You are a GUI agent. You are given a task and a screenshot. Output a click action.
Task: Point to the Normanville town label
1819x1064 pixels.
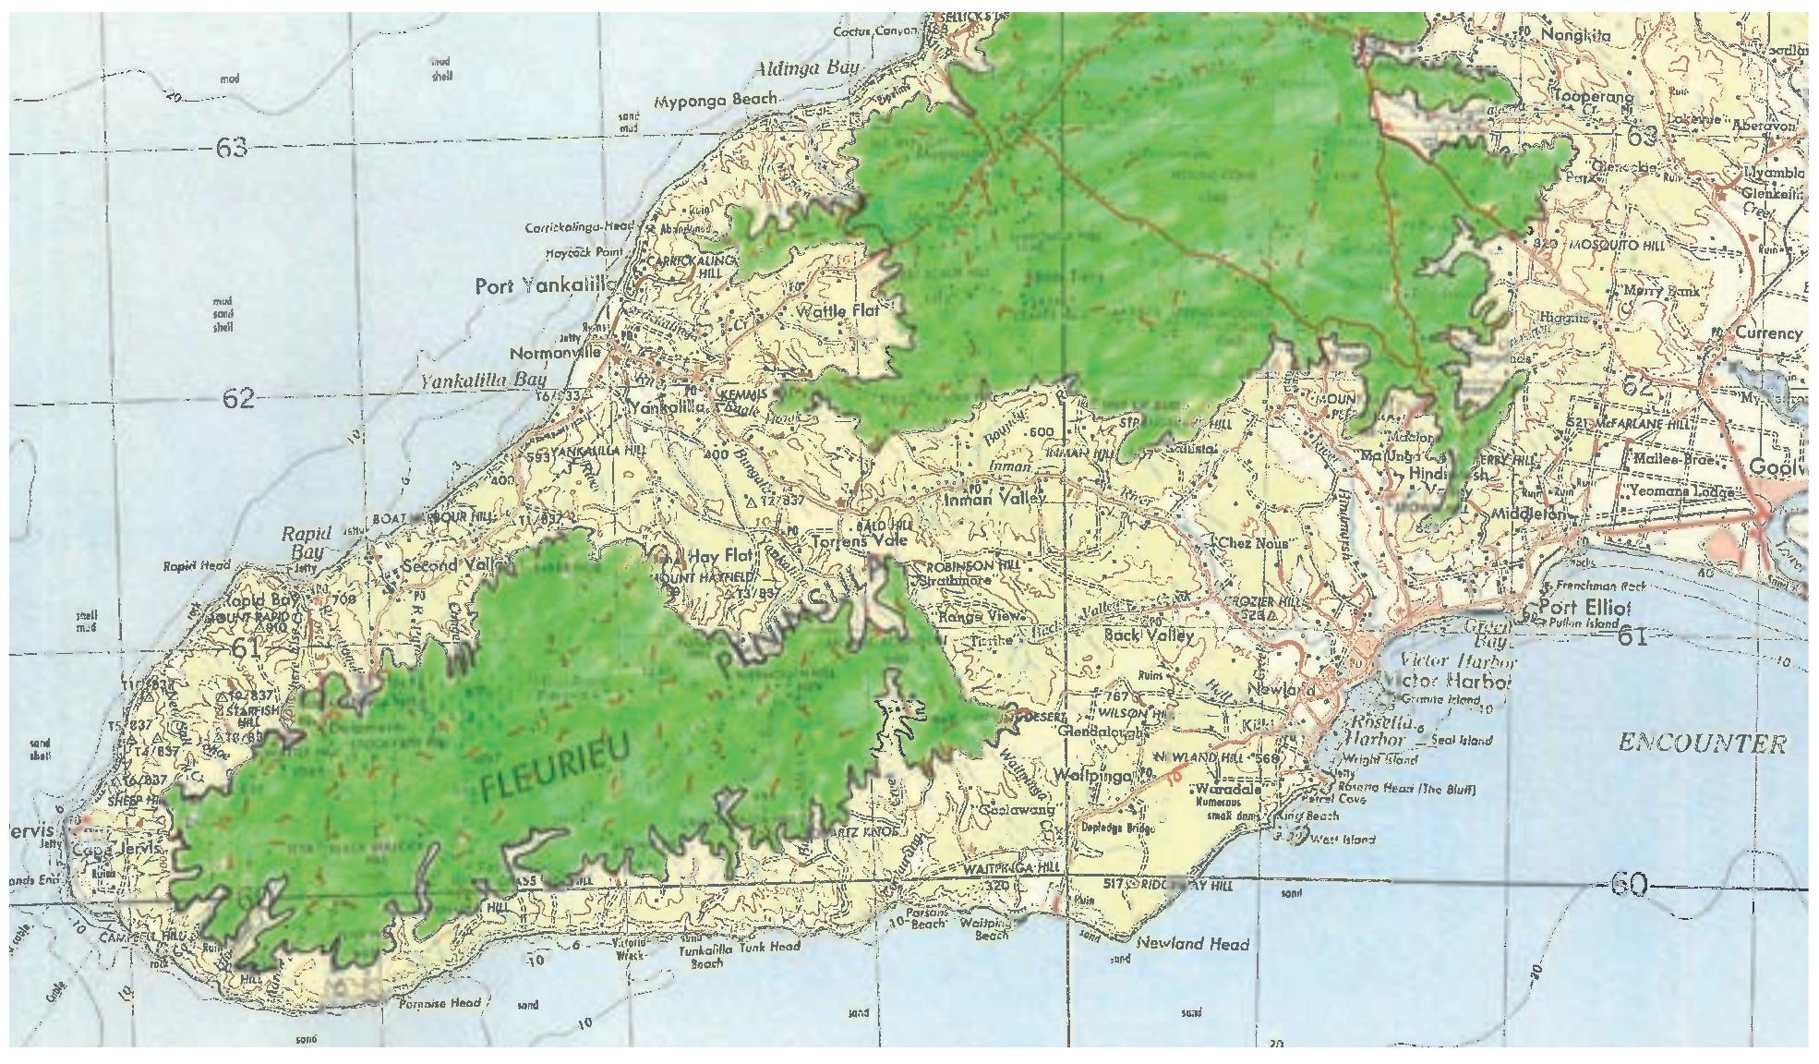click(555, 353)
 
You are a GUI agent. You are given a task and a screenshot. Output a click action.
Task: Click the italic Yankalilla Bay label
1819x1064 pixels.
click(483, 380)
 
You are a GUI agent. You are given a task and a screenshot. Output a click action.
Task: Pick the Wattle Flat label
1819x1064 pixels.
click(835, 311)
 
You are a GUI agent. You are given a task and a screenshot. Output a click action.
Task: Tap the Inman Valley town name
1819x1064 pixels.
click(994, 499)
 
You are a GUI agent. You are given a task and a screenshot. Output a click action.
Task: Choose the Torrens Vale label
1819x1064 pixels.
click(859, 541)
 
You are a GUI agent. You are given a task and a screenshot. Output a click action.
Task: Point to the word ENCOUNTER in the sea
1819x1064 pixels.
click(1702, 744)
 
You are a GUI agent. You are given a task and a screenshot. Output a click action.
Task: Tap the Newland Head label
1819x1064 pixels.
click(1192, 944)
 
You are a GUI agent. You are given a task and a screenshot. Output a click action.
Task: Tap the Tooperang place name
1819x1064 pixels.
click(1595, 96)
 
